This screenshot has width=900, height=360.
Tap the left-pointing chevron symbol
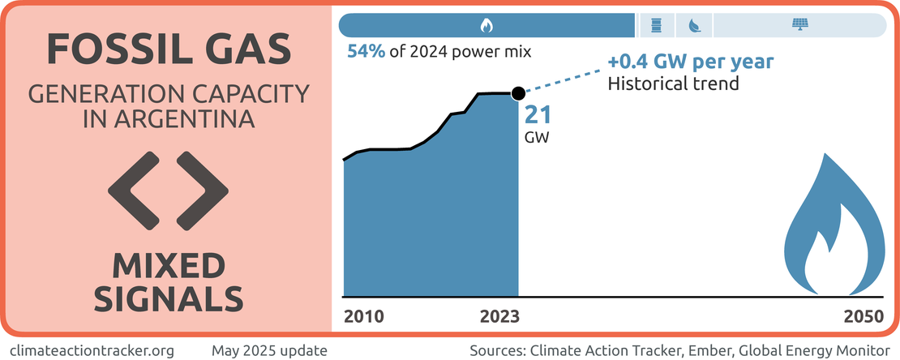click(130, 189)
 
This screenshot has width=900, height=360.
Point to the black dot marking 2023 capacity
click(518, 94)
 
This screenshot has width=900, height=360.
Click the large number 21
click(538, 115)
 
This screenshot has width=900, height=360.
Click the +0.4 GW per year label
click(690, 62)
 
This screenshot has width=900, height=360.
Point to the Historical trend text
click(674, 83)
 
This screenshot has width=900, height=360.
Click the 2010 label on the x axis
click(365, 316)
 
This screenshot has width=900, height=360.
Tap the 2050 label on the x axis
click(862, 316)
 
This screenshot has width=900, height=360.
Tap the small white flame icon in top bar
click(486, 25)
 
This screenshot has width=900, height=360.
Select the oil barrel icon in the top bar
click(654, 25)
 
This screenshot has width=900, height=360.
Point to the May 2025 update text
click(270, 350)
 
